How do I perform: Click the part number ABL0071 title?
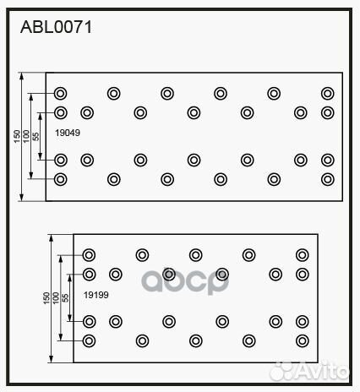pos(56,27)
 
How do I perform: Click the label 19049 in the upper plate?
pos(68,133)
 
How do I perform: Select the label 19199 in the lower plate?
pos(96,295)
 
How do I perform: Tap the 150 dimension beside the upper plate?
pos(17,136)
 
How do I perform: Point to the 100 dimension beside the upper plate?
pos(26,136)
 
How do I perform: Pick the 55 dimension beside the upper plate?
pos(35,137)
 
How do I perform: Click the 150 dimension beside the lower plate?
pos(46,298)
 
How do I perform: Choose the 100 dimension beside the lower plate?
pos(56,298)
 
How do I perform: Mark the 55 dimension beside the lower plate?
pos(65,298)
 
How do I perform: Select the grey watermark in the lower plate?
pos(185,280)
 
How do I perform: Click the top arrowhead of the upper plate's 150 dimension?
pos(22,76)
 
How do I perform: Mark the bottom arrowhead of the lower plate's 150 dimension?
pos(51,359)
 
